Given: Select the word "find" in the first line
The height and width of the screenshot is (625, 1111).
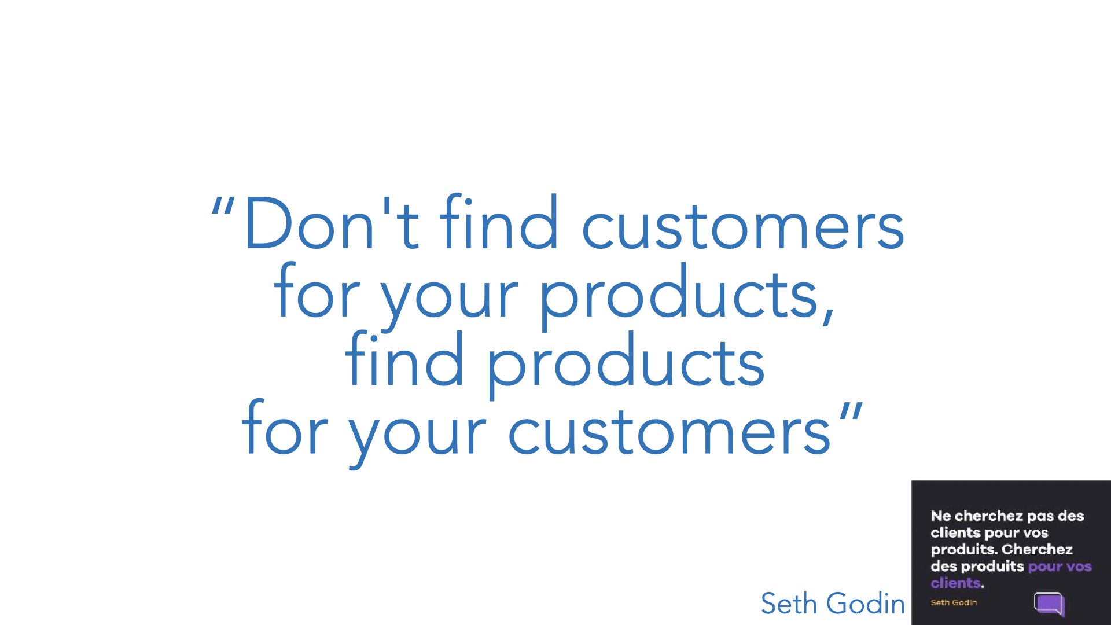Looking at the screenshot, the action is [499, 222].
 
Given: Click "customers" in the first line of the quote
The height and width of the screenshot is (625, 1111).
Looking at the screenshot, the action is [743, 227].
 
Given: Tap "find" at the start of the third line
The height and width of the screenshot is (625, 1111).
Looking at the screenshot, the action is [404, 358].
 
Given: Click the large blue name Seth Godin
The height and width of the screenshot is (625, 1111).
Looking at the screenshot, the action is [833, 604].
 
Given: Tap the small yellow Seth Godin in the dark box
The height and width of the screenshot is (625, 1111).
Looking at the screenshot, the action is [954, 602].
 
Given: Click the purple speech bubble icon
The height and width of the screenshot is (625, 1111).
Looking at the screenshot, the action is [1049, 604].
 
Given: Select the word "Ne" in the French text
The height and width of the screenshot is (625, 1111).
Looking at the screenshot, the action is [941, 516].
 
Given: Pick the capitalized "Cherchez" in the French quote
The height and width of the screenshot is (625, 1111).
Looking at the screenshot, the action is [1037, 549].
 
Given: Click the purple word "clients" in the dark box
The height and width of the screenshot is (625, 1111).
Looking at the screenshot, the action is [956, 583].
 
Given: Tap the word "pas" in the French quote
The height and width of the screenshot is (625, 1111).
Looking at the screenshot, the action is [1040, 517].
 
